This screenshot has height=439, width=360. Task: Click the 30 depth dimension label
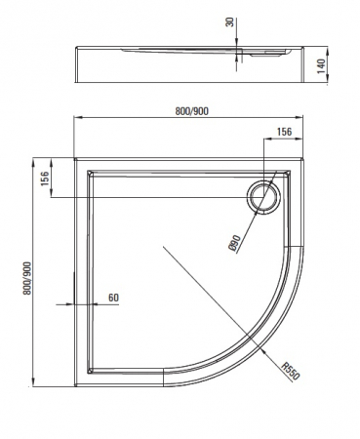230,22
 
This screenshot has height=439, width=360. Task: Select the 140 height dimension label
321,66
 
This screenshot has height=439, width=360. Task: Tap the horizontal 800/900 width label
192,111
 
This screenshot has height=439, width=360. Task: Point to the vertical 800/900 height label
27,278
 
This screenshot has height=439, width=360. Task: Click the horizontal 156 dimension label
284,132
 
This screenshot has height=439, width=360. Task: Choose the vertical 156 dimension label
44,179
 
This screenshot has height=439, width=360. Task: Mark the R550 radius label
290,371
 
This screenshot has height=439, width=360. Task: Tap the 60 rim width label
113,298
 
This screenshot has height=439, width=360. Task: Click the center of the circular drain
263,197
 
